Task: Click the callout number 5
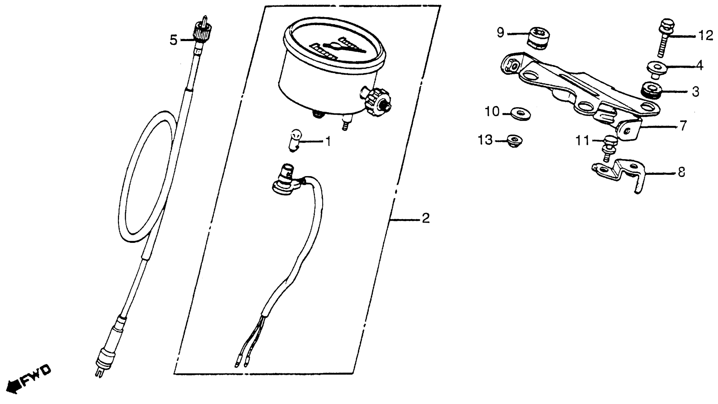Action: [173, 40]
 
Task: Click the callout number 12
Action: [705, 36]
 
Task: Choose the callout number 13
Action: [485, 140]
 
